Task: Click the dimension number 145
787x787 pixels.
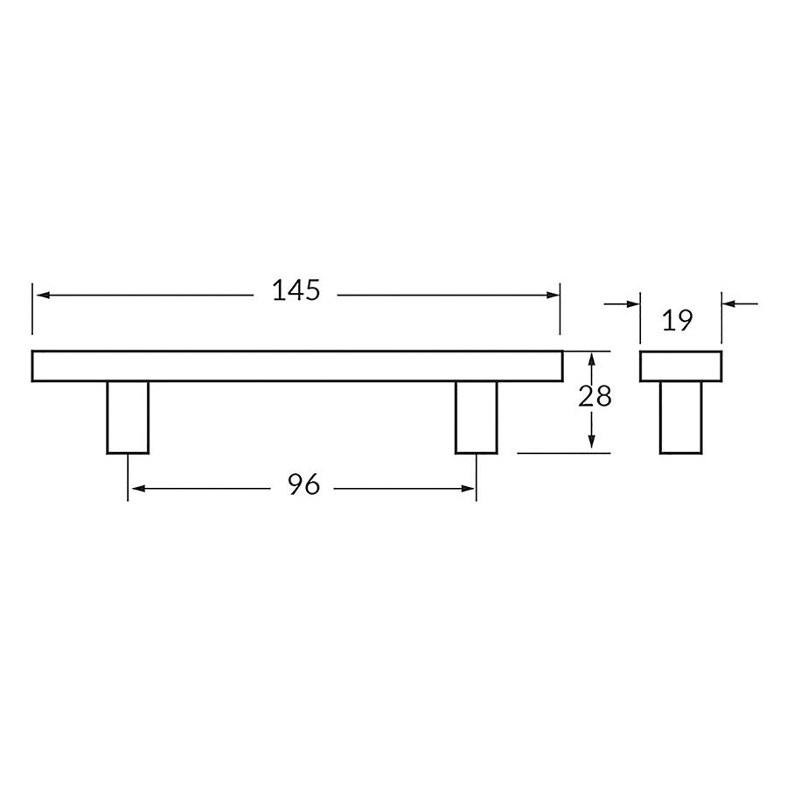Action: [296, 290]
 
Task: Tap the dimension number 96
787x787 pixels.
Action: [303, 484]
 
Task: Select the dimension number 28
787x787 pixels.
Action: [595, 396]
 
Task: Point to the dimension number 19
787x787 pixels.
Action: [677, 320]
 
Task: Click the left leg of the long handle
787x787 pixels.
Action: [128, 418]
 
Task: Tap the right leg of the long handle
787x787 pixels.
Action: [477, 418]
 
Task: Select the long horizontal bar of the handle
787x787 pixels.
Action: [297, 366]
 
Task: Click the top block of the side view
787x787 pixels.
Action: [680, 366]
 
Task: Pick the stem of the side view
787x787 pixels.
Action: [680, 418]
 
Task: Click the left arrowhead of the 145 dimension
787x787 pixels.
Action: [43, 296]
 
